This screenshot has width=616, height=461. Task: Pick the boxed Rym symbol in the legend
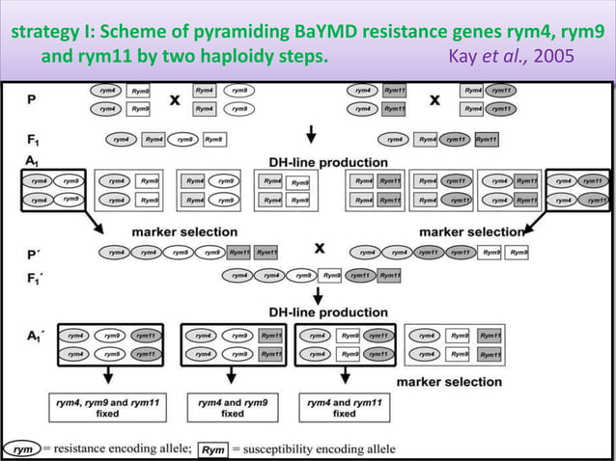tap(213, 448)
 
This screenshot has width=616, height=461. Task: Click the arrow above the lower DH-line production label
tap(318, 296)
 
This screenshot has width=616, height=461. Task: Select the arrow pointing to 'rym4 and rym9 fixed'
tap(232, 376)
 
